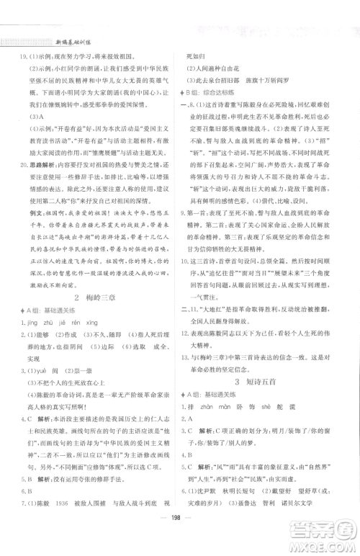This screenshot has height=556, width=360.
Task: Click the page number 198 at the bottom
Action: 180,535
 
